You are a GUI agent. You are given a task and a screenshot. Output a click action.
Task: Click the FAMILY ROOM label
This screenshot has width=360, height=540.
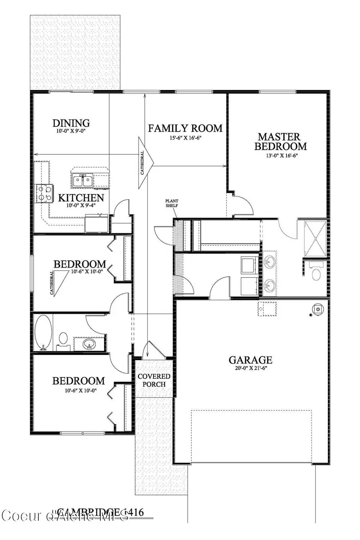185,128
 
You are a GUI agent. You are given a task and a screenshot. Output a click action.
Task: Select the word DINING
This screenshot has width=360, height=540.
71,123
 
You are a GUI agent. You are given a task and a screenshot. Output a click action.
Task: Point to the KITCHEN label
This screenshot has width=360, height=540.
81,197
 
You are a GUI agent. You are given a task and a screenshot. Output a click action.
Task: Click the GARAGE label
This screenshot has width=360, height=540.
250,360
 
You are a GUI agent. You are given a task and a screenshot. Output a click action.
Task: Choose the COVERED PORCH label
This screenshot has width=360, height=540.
154,380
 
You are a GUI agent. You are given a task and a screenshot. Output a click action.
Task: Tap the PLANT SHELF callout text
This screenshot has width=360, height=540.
172,203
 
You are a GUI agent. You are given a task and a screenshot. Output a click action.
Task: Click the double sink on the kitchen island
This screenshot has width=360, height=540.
83,180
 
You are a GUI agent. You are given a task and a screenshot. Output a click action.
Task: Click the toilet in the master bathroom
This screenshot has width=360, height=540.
316,274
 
